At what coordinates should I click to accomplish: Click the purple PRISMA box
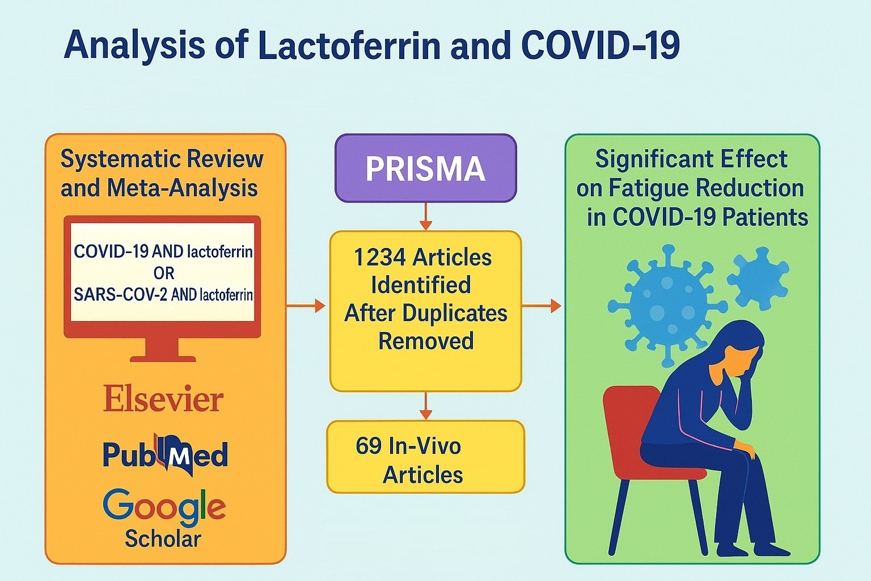(425, 168)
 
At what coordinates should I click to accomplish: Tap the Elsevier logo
(163, 400)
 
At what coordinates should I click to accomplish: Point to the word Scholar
(163, 538)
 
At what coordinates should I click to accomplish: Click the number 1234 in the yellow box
(379, 258)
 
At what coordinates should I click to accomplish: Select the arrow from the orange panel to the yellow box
(306, 306)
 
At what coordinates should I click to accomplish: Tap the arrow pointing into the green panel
(542, 306)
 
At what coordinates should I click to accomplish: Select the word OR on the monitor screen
(163, 273)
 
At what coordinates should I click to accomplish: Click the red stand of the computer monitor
(163, 348)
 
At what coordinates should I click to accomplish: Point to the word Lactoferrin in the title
(348, 45)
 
